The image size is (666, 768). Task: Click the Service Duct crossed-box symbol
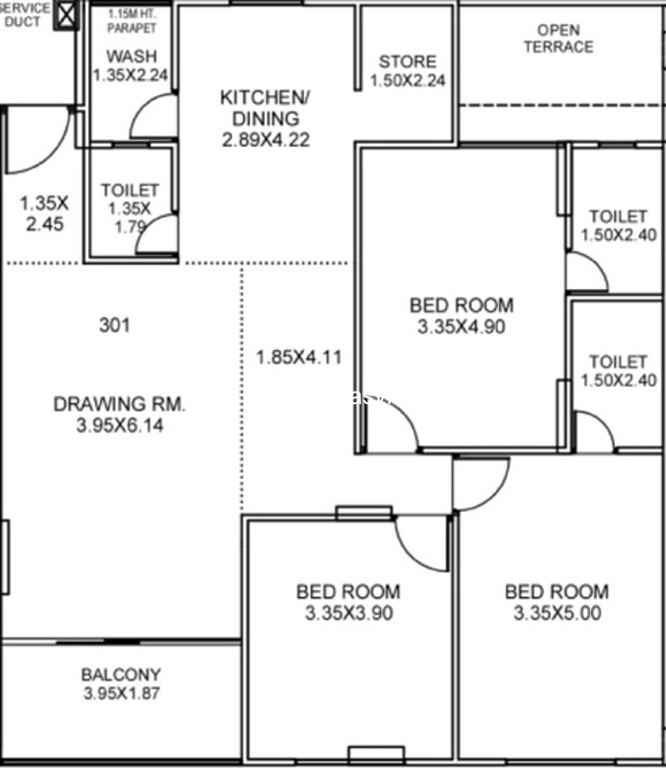click(66, 14)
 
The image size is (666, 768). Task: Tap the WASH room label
click(131, 57)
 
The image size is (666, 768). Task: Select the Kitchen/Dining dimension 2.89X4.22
click(266, 140)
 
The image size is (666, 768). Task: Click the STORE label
click(408, 61)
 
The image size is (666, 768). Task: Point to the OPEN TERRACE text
click(559, 38)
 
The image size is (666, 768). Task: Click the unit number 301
click(114, 324)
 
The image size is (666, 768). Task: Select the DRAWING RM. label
click(120, 404)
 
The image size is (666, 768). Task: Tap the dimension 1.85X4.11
click(298, 357)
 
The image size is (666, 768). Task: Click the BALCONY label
click(121, 675)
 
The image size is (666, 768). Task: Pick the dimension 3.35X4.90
click(462, 326)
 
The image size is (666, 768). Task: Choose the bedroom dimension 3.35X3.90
click(348, 613)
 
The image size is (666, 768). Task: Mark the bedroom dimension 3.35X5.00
click(558, 613)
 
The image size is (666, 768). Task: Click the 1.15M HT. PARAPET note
click(131, 20)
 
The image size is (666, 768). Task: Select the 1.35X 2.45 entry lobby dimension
click(44, 213)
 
